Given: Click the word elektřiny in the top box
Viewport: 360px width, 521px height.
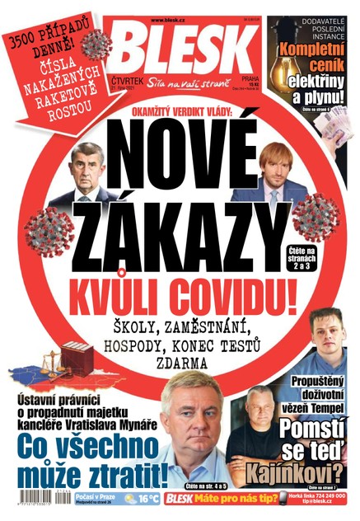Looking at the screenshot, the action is click(x=313, y=81).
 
